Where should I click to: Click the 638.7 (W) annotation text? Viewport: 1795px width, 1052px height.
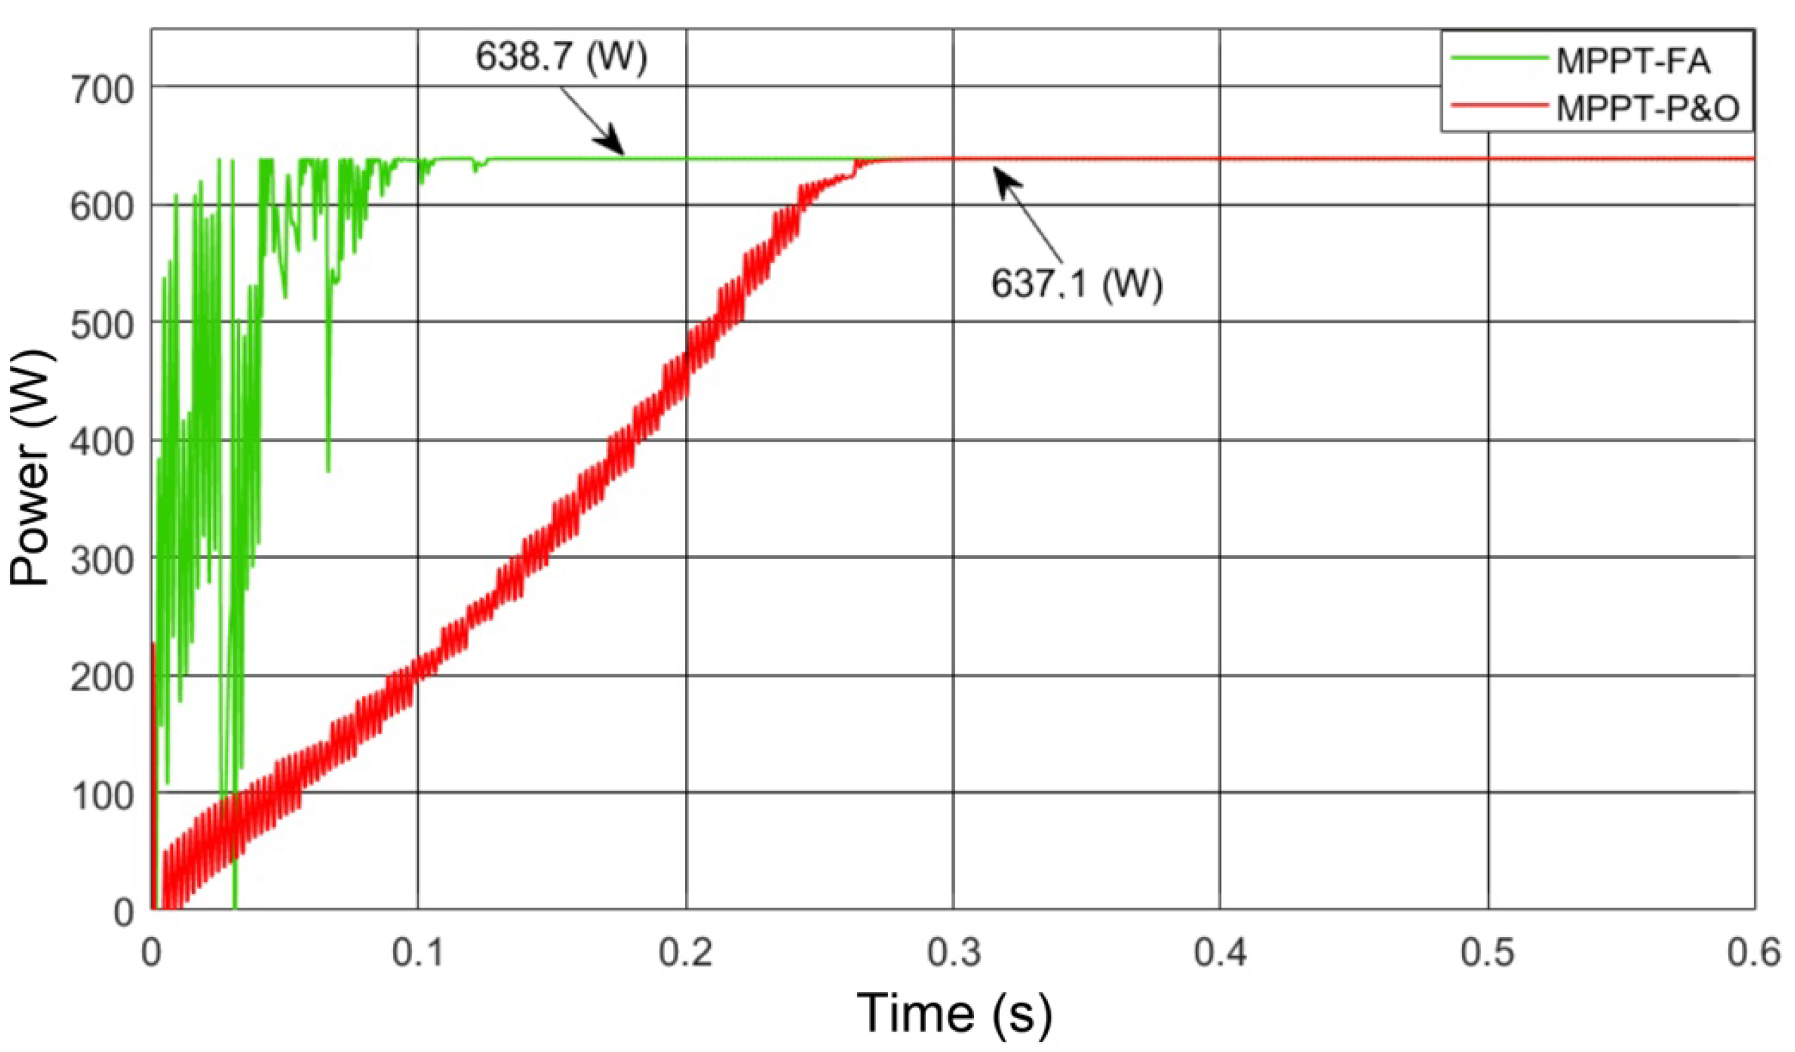561,57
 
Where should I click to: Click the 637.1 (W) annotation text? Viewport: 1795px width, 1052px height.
1076,284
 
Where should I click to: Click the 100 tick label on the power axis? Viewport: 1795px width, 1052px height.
103,796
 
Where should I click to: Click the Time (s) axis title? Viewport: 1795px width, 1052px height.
953,1013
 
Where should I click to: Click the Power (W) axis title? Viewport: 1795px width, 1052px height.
30,467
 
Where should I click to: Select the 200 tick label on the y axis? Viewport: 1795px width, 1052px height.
103,678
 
